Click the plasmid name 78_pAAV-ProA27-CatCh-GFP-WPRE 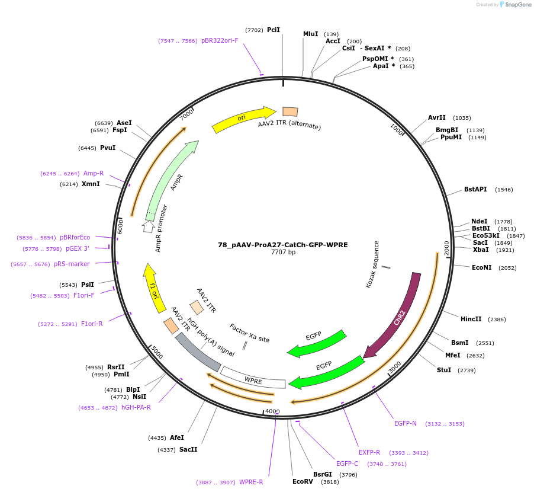point(282,244)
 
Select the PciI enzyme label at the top point(274,30)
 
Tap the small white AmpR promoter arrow point(149,226)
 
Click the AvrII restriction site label point(437,117)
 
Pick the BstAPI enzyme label point(475,189)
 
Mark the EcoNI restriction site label point(481,267)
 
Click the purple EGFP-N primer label point(406,423)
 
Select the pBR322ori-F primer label point(220,41)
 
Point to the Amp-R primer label point(94,173)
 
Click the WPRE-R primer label point(251,482)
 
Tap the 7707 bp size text point(283,253)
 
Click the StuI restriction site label point(444,370)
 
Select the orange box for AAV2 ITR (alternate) point(290,111)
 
